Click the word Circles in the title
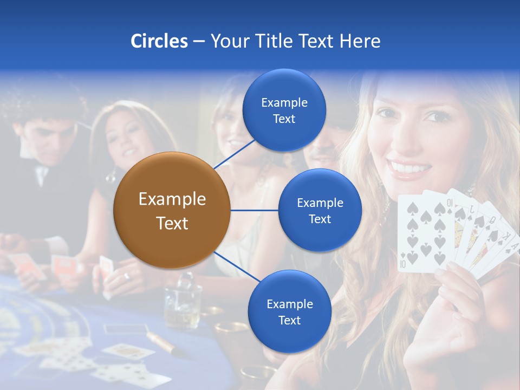tap(159, 41)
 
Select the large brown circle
tap(172, 210)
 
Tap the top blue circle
tap(284, 110)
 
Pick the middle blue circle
tap(320, 210)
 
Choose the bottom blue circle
tap(289, 311)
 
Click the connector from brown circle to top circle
tap(235, 153)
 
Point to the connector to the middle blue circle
tap(254, 210)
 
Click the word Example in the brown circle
tap(172, 199)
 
